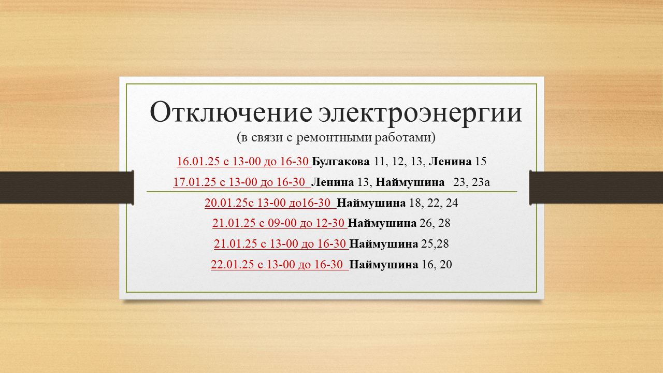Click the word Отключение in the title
pyautogui.click(x=231, y=112)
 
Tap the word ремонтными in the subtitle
pyautogui.click(x=334, y=138)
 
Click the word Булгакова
pyautogui.click(x=341, y=162)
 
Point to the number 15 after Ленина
pyautogui.click(x=481, y=161)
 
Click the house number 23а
pyautogui.click(x=481, y=182)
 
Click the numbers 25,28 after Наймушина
pyautogui.click(x=435, y=244)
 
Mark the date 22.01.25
pyautogui.click(x=233, y=264)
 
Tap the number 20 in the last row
pyautogui.click(x=446, y=264)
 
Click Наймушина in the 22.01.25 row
pyautogui.click(x=384, y=264)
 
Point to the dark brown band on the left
pyautogui.click(x=67, y=188)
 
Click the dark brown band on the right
pyautogui.click(x=596, y=188)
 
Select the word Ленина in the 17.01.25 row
pyautogui.click(x=333, y=182)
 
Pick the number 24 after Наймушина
pyautogui.click(x=452, y=203)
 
